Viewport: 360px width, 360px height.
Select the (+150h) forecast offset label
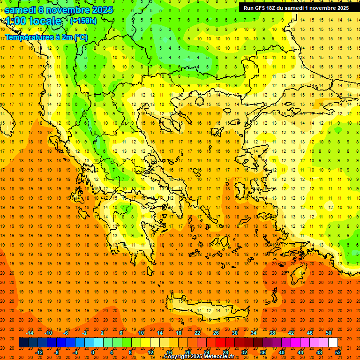83,21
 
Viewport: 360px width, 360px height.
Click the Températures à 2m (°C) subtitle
46,37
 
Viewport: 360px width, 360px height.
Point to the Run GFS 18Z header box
296,8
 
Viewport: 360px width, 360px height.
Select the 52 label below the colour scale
337,352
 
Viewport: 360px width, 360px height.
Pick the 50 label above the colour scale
328,333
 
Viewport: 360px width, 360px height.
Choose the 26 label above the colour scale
216,333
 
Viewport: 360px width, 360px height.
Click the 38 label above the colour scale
272,333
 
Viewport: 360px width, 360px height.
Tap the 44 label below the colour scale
300,352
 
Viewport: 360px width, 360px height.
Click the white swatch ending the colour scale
333,343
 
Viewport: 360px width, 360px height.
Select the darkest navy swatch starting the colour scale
23,343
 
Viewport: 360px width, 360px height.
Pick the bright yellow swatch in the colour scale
145,343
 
